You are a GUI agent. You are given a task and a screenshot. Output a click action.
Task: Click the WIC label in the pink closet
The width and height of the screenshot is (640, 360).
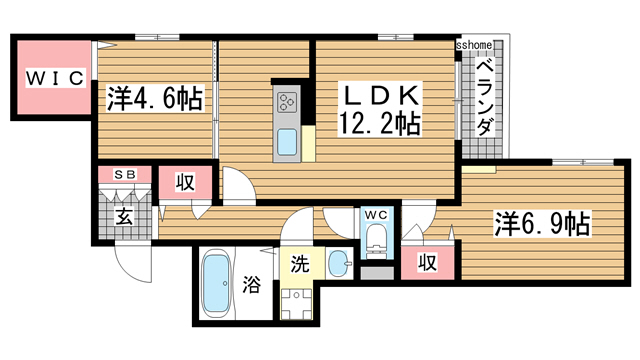54,78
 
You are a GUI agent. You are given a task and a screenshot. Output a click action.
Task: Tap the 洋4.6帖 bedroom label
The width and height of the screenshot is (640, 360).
154,99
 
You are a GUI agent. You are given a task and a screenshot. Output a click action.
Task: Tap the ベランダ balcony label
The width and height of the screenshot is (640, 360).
483,97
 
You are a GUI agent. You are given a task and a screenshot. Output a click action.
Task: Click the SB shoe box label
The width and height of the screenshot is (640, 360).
125,174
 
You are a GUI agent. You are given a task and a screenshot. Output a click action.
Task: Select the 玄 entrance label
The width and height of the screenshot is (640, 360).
124,217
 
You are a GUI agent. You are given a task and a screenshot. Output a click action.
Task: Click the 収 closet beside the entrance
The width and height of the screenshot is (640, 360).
185,183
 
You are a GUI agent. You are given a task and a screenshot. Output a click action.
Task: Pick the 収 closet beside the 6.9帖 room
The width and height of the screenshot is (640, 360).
427,262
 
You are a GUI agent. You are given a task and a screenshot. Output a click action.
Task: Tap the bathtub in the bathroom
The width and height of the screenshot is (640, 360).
215,284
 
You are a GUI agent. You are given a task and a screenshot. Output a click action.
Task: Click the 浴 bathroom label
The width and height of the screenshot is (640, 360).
251,284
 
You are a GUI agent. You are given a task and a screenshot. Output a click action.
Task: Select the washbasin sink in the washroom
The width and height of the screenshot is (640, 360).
339,265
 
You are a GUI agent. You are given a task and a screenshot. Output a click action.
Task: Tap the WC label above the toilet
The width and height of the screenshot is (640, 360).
376,215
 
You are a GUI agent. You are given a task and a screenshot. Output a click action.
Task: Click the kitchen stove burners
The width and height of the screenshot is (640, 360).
286,102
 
